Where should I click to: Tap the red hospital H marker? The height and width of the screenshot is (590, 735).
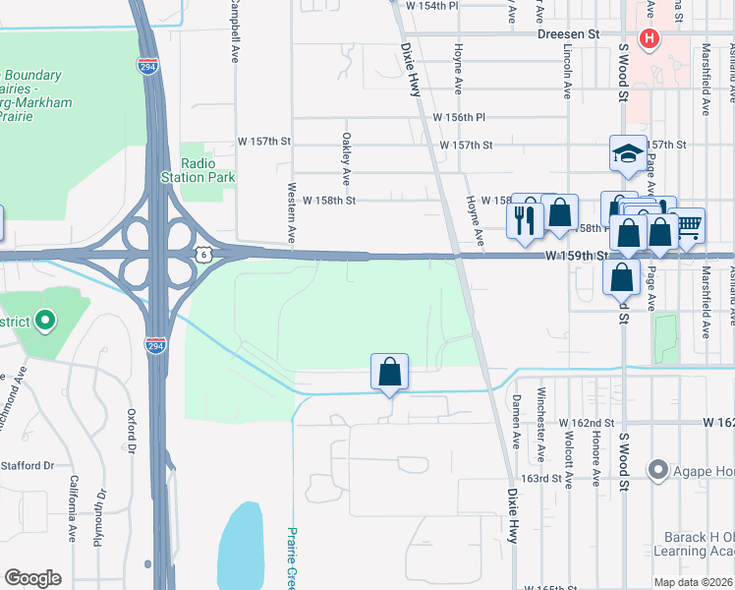tap(649, 39)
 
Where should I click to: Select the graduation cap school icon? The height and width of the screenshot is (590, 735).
tap(628, 153)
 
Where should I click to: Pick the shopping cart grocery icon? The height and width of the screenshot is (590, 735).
tap(688, 224)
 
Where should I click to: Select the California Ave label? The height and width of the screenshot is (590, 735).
tap(73, 509)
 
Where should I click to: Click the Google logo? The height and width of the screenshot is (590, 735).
tap(32, 577)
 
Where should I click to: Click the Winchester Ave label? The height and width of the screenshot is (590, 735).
tap(540, 438)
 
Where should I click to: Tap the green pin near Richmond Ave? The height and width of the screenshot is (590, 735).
tap(44, 321)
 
